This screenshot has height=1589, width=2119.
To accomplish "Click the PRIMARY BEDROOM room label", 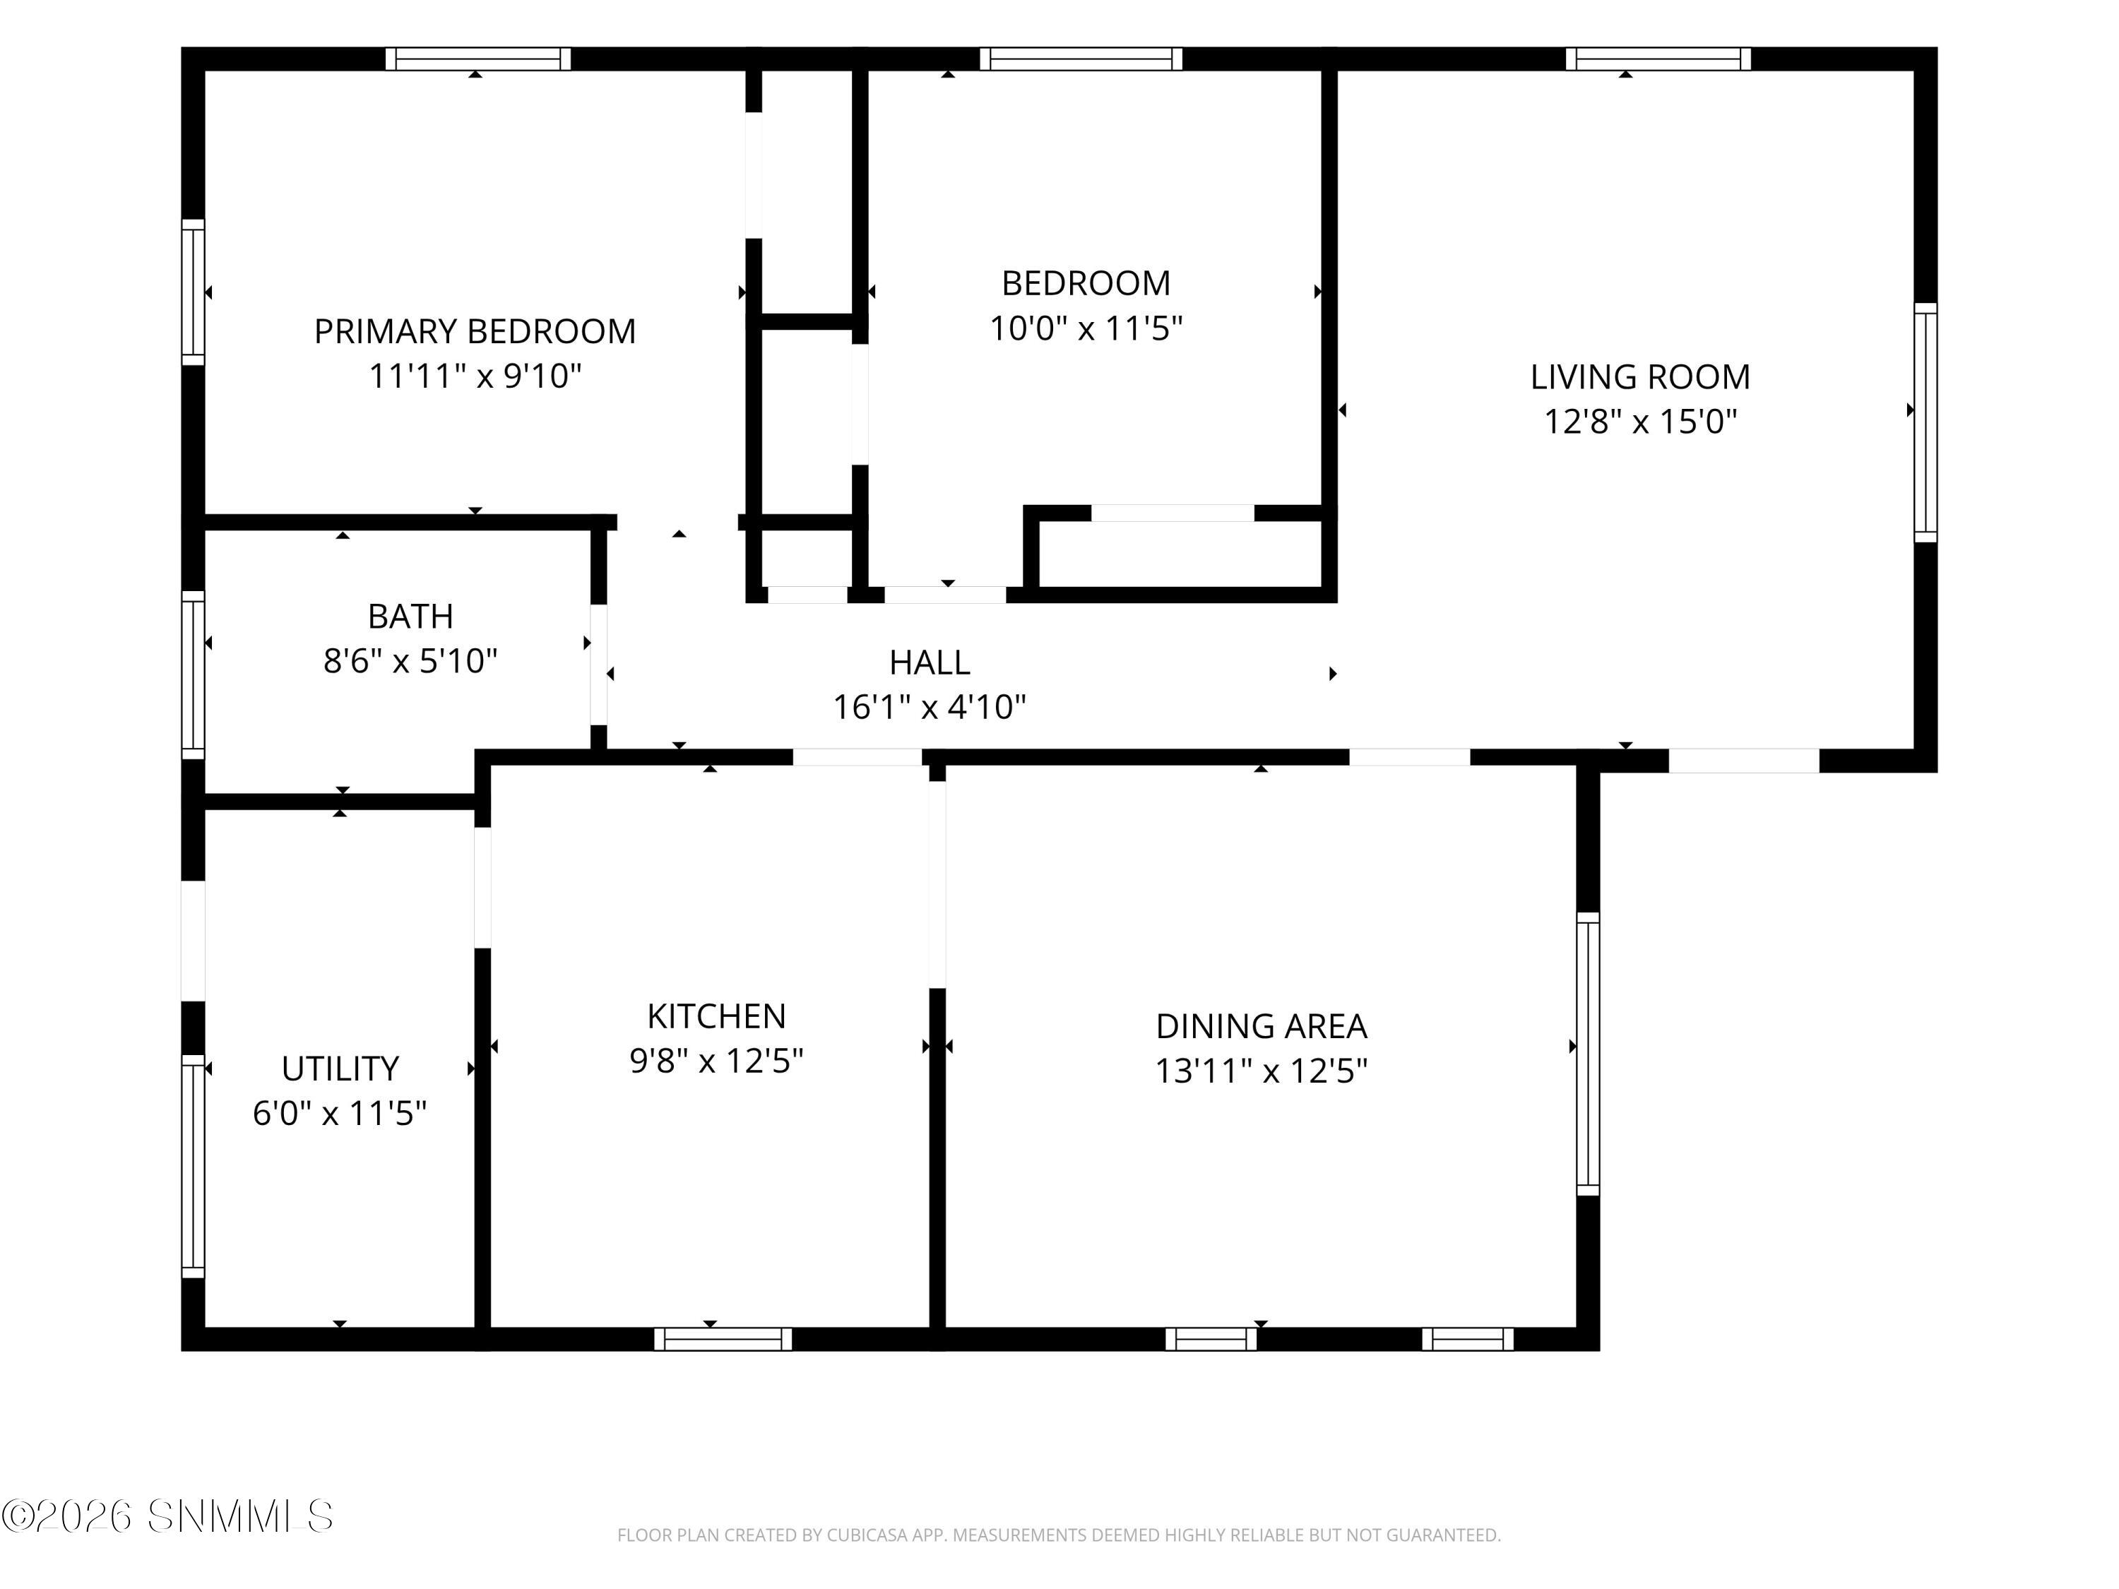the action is point(475,331).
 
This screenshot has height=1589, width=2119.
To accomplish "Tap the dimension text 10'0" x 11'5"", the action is point(1086,328).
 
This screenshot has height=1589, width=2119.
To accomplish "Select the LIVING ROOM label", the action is point(1640,376).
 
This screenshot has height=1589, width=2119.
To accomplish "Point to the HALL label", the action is point(930,662).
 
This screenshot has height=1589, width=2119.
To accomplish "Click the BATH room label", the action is point(410,616).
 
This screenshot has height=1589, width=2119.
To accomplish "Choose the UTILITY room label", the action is point(339,1068).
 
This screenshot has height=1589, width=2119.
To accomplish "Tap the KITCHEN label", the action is point(716,1016).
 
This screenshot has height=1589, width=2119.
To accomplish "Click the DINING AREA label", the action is point(1261,1026).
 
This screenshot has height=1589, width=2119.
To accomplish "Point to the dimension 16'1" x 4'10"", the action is point(930,707).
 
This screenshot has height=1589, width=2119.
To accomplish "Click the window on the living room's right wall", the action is point(1925,422).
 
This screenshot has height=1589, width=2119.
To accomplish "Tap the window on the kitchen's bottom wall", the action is point(723,1339).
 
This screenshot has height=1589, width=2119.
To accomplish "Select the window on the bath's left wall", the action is point(194,674).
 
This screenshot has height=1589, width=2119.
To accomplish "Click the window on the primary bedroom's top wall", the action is point(478,59).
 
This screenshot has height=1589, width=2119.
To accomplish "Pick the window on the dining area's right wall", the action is point(1589,1054).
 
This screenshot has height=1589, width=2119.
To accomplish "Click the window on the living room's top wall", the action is point(1658,59).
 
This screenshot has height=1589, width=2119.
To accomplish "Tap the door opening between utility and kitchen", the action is point(483,887).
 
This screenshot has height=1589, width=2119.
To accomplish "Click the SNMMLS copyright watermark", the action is point(167,1516).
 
